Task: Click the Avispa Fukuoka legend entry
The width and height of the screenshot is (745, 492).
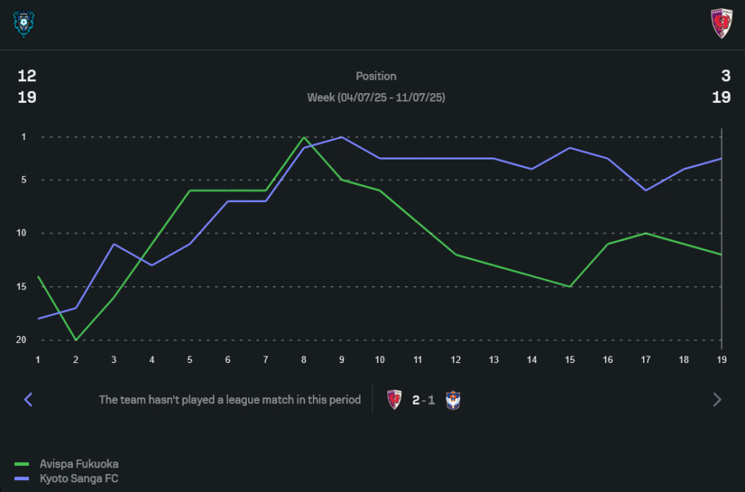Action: point(78,464)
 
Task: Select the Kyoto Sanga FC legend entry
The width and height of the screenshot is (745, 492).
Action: point(78,479)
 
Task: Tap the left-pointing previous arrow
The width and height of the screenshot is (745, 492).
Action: point(28,400)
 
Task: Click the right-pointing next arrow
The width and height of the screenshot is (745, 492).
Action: point(717,400)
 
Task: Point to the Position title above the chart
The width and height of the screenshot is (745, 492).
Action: point(376,76)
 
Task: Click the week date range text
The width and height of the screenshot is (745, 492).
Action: point(376,98)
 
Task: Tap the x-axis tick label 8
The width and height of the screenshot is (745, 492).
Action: point(304,359)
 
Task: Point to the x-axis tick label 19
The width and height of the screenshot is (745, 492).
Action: point(720,359)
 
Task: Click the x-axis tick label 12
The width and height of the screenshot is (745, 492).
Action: point(456,359)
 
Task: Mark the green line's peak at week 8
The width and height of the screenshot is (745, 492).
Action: point(304,137)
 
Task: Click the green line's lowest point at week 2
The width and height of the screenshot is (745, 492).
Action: point(76,340)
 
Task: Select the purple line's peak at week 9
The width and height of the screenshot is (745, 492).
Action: point(341,137)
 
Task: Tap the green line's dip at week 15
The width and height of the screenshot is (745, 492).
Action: point(570,286)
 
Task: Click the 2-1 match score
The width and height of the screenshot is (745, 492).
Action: point(424,400)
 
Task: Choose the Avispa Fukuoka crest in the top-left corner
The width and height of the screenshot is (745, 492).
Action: point(25,24)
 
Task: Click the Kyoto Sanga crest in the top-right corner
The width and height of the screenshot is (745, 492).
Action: point(720,24)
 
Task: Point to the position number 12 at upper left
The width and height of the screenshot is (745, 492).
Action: point(27,76)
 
